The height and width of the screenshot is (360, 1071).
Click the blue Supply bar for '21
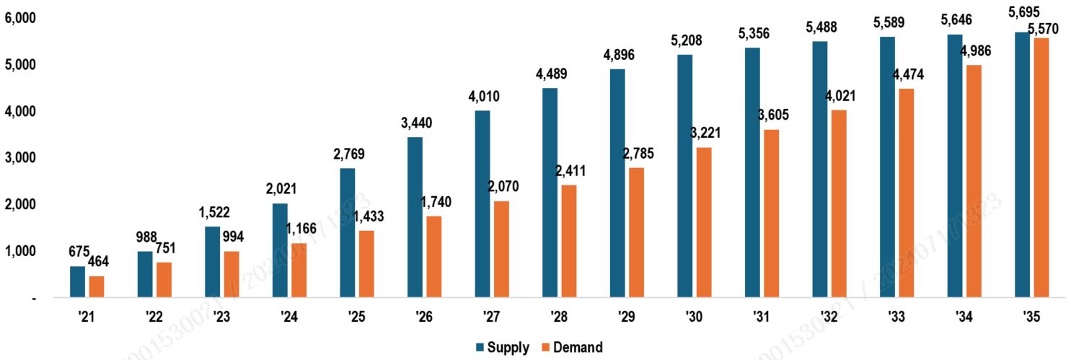(77, 281)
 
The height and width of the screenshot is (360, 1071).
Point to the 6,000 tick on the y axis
(20, 17)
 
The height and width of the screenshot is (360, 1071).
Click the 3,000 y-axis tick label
(20, 157)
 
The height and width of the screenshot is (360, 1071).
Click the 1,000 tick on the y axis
(20, 251)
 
